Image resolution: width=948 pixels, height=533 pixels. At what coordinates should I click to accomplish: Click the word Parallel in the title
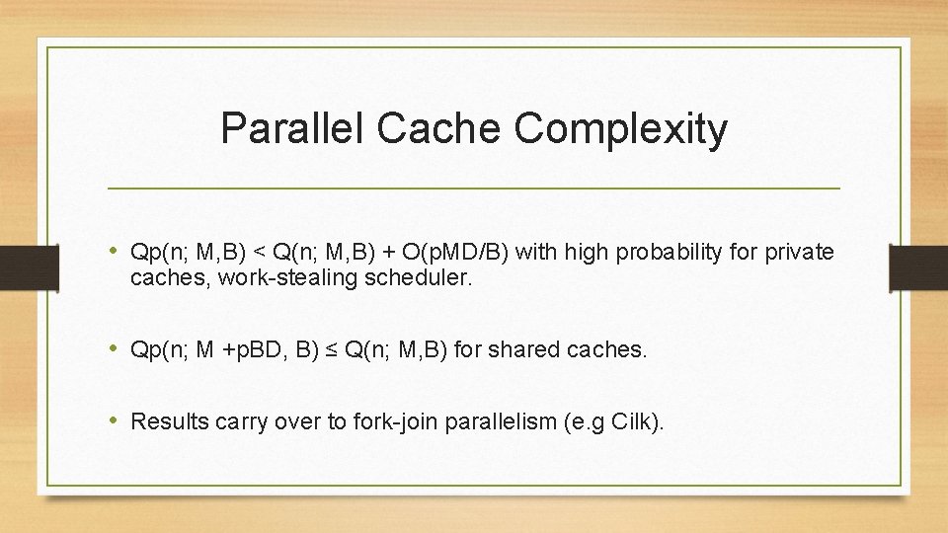coord(291,128)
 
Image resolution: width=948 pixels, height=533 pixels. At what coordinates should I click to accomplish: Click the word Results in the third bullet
coord(165,422)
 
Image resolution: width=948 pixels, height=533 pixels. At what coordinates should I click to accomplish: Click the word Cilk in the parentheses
coord(634,422)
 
